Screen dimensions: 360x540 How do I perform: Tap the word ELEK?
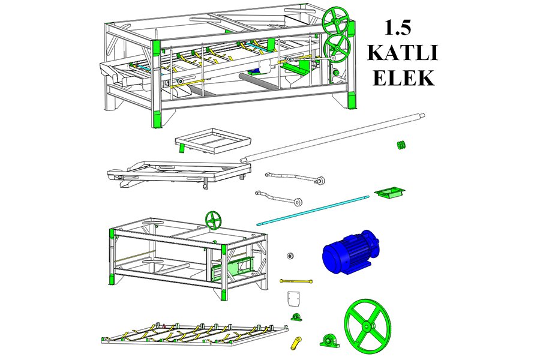[403, 78]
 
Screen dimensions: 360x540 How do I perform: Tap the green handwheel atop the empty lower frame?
[214, 220]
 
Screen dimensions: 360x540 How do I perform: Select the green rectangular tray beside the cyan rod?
[389, 192]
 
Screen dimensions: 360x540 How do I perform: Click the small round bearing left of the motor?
[290, 256]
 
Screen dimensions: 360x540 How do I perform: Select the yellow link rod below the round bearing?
[296, 281]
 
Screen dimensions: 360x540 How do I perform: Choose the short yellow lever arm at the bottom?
[296, 343]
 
